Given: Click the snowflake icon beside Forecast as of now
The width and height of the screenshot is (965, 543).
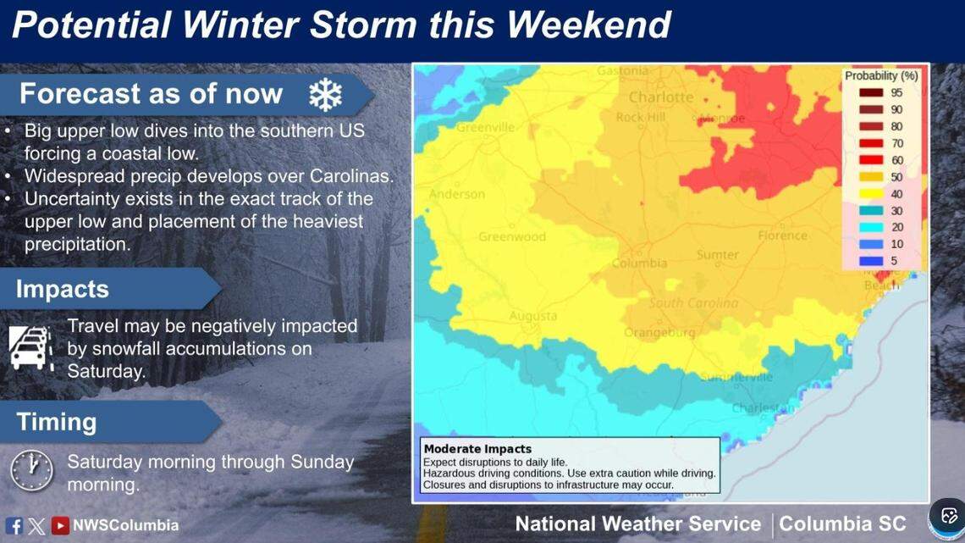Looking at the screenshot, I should point(324,95).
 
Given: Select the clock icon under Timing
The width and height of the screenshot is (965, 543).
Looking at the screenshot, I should point(31,471).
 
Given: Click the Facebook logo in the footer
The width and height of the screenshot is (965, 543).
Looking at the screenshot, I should point(14,526).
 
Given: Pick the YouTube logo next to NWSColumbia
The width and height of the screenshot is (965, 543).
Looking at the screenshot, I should point(60,526).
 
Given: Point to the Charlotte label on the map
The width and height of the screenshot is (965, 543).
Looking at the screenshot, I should point(661,97).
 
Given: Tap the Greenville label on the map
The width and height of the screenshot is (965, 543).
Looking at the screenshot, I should point(485,128).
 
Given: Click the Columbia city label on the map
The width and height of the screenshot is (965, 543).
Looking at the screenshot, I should point(640,263).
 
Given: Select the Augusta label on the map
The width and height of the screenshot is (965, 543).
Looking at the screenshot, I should point(532,317).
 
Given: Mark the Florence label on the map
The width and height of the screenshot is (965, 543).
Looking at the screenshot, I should point(782,235).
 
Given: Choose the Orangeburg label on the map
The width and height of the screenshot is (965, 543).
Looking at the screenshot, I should point(659,333).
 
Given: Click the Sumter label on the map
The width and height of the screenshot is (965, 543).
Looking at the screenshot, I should point(717,255).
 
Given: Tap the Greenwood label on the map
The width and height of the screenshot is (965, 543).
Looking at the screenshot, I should point(512,237).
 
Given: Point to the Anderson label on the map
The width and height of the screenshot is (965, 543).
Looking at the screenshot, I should point(457,194).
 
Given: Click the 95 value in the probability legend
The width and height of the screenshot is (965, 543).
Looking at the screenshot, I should point(896,93).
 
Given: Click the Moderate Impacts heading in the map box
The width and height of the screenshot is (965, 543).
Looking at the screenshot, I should point(477,449).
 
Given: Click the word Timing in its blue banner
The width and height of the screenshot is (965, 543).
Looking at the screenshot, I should point(57,422).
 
